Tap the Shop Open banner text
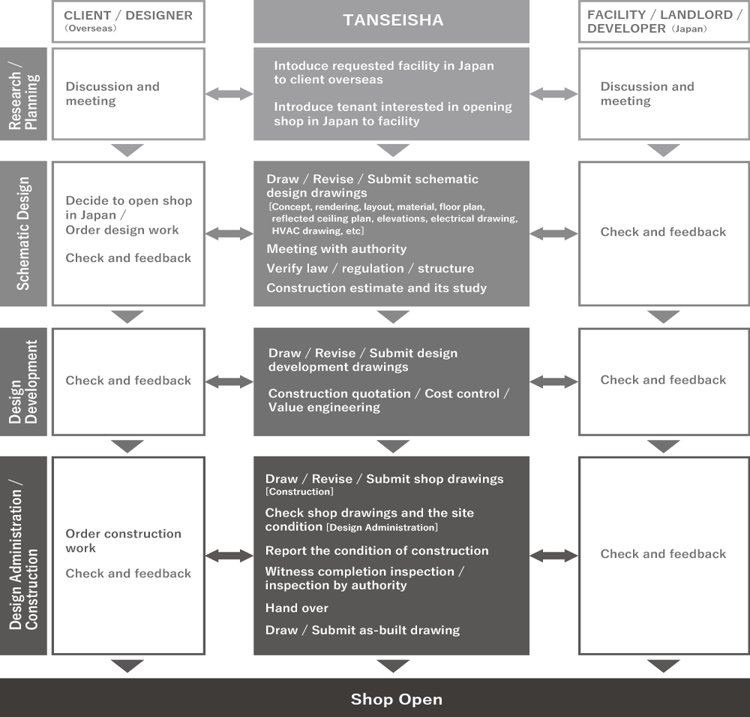point(397,699)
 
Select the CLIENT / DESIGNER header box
point(128,22)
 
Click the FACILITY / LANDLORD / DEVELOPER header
point(664,22)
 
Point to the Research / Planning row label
point(23,94)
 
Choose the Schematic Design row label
point(23,233)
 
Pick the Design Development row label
point(23,381)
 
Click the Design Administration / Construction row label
point(23,556)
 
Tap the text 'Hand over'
point(296,608)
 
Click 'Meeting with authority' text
point(336,249)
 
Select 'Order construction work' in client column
point(124,541)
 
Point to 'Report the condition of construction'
point(377,550)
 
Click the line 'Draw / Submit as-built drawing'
point(362,630)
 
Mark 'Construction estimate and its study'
point(376,288)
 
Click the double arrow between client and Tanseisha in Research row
point(229,94)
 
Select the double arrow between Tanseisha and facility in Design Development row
point(554,381)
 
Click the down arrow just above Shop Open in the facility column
point(664,666)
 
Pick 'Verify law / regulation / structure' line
point(370,268)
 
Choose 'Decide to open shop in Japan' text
point(129,207)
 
